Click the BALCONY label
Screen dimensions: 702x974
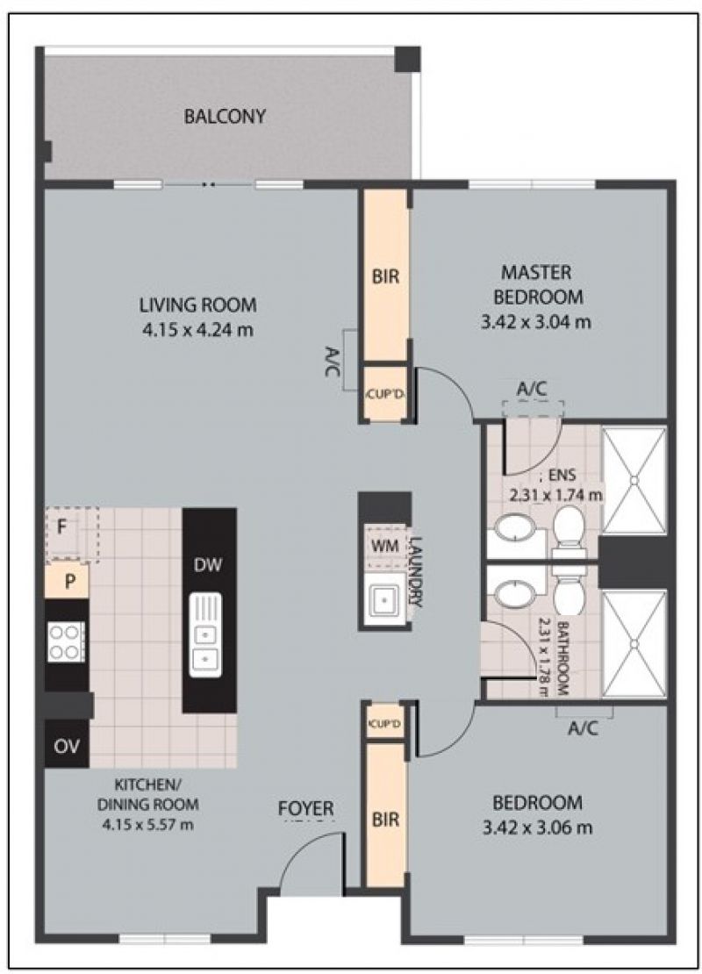click(x=225, y=116)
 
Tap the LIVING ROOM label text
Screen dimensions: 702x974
click(x=197, y=305)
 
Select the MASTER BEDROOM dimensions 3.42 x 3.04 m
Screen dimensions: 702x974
click(x=535, y=322)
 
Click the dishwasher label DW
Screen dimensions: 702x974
click(x=207, y=565)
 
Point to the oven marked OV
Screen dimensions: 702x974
click(x=67, y=745)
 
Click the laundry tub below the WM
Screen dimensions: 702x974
click(x=385, y=599)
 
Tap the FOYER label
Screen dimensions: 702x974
click(x=305, y=809)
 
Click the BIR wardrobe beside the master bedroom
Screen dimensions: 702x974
click(x=385, y=276)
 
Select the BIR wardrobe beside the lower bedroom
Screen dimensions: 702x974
click(x=385, y=815)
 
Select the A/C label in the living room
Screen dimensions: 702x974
click(x=333, y=361)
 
